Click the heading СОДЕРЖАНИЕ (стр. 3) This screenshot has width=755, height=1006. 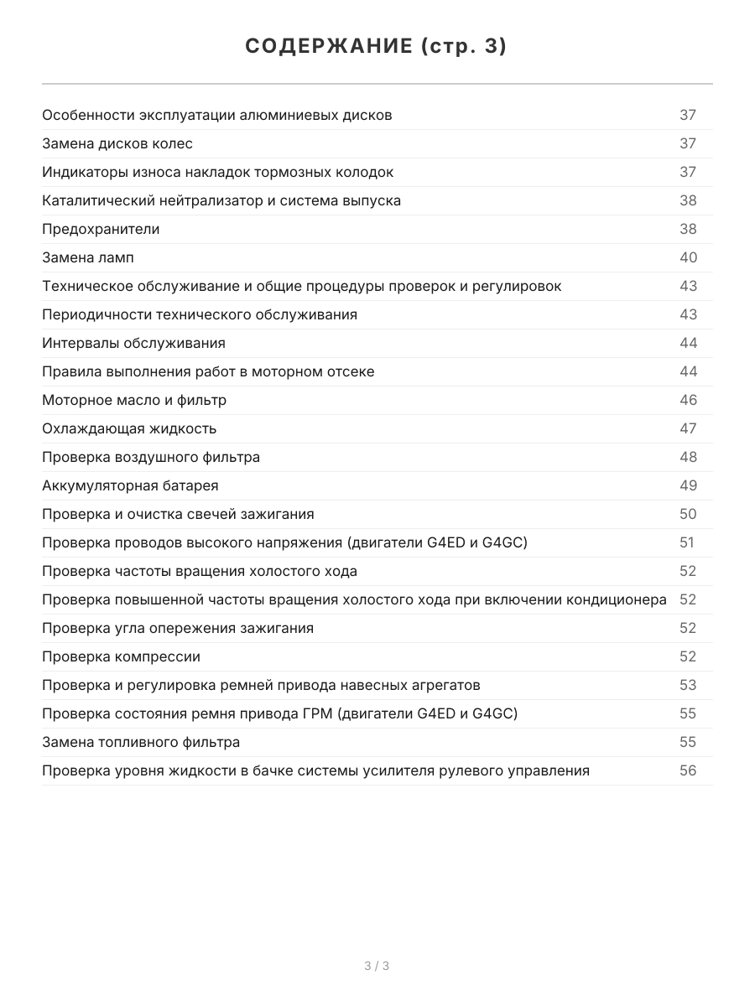(377, 46)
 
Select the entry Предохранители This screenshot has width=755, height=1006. (101, 229)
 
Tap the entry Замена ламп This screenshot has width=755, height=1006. (88, 257)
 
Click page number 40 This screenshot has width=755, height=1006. (688, 257)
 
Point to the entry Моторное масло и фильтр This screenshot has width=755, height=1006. (134, 400)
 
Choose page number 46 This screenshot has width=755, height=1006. (688, 400)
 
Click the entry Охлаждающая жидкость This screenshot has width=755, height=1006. (129, 428)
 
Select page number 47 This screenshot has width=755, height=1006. (688, 428)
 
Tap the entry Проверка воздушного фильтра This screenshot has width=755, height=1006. (151, 457)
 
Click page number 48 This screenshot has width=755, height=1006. (688, 457)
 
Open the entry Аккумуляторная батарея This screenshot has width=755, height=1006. (130, 485)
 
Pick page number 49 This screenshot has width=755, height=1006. (688, 485)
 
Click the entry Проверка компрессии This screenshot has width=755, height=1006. (121, 656)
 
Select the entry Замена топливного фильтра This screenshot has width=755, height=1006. (141, 742)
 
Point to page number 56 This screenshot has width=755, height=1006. (688, 770)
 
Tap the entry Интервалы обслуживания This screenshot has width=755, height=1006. (133, 343)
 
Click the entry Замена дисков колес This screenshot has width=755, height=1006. (117, 143)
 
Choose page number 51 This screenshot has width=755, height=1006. (687, 542)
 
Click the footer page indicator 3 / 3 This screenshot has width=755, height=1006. (377, 966)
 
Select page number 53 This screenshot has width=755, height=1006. (688, 685)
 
